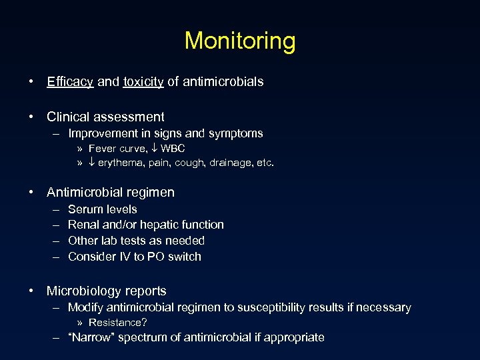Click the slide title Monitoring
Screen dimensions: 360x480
click(240, 41)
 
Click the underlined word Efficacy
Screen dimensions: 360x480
click(70, 82)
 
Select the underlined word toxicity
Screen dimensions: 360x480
click(143, 82)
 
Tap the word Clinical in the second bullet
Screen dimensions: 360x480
click(69, 117)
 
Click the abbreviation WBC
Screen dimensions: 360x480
click(173, 148)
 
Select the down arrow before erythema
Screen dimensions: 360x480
click(91, 163)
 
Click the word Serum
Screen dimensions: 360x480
click(85, 209)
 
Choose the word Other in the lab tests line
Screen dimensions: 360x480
click(83, 241)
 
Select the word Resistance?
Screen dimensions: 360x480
click(118, 323)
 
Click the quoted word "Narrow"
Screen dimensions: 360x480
click(92, 337)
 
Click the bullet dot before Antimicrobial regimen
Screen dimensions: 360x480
click(32, 193)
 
